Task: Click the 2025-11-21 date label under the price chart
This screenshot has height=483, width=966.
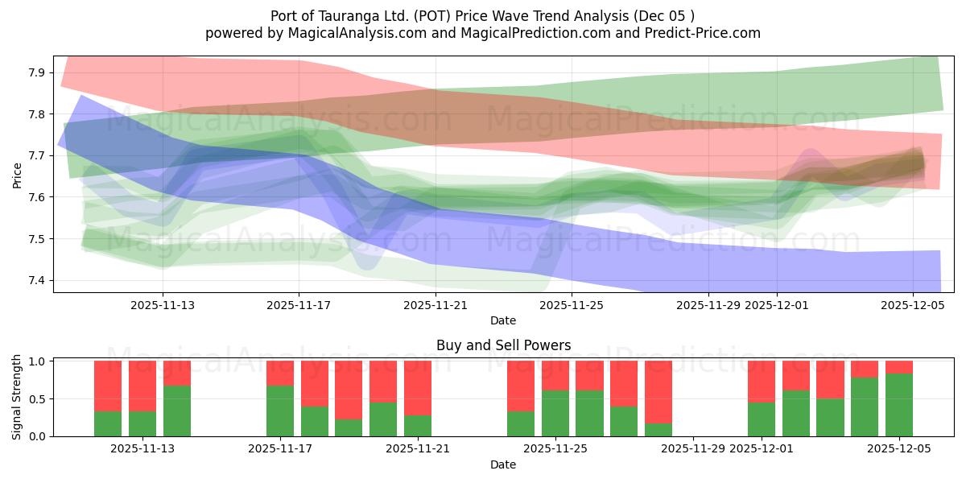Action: click(x=435, y=305)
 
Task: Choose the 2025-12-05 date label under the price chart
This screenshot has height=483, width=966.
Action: click(x=912, y=305)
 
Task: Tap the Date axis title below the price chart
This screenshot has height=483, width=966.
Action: click(x=503, y=320)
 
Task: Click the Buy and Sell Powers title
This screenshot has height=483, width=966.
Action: click(x=503, y=345)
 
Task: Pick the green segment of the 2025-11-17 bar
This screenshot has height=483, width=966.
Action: click(x=280, y=411)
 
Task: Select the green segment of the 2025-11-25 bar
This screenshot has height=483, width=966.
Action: click(x=555, y=413)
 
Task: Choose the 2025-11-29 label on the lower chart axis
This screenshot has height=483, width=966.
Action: click(x=693, y=449)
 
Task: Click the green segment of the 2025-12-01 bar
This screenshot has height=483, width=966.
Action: click(x=762, y=419)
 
